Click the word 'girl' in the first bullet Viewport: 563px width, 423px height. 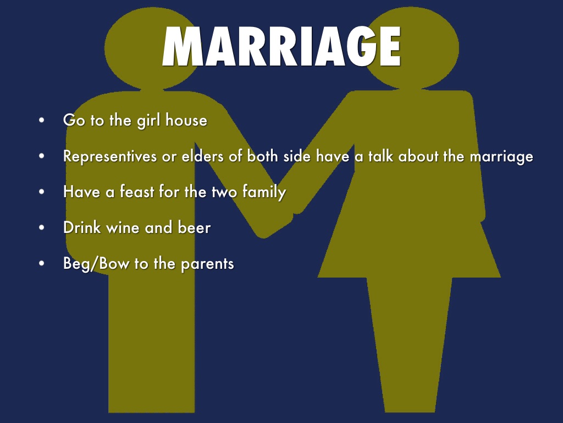[x=148, y=120]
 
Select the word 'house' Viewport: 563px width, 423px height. [x=186, y=120]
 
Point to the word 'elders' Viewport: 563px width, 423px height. [x=197, y=156]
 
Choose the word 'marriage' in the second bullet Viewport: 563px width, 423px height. [x=501, y=158]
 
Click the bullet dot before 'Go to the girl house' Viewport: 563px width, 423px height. [x=42, y=121]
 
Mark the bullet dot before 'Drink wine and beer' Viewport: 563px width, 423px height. [x=42, y=228]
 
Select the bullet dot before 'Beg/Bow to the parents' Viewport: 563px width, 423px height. [x=42, y=264]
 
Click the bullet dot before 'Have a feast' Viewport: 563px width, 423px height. [x=42, y=192]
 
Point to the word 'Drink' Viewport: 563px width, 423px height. [x=82, y=227]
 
